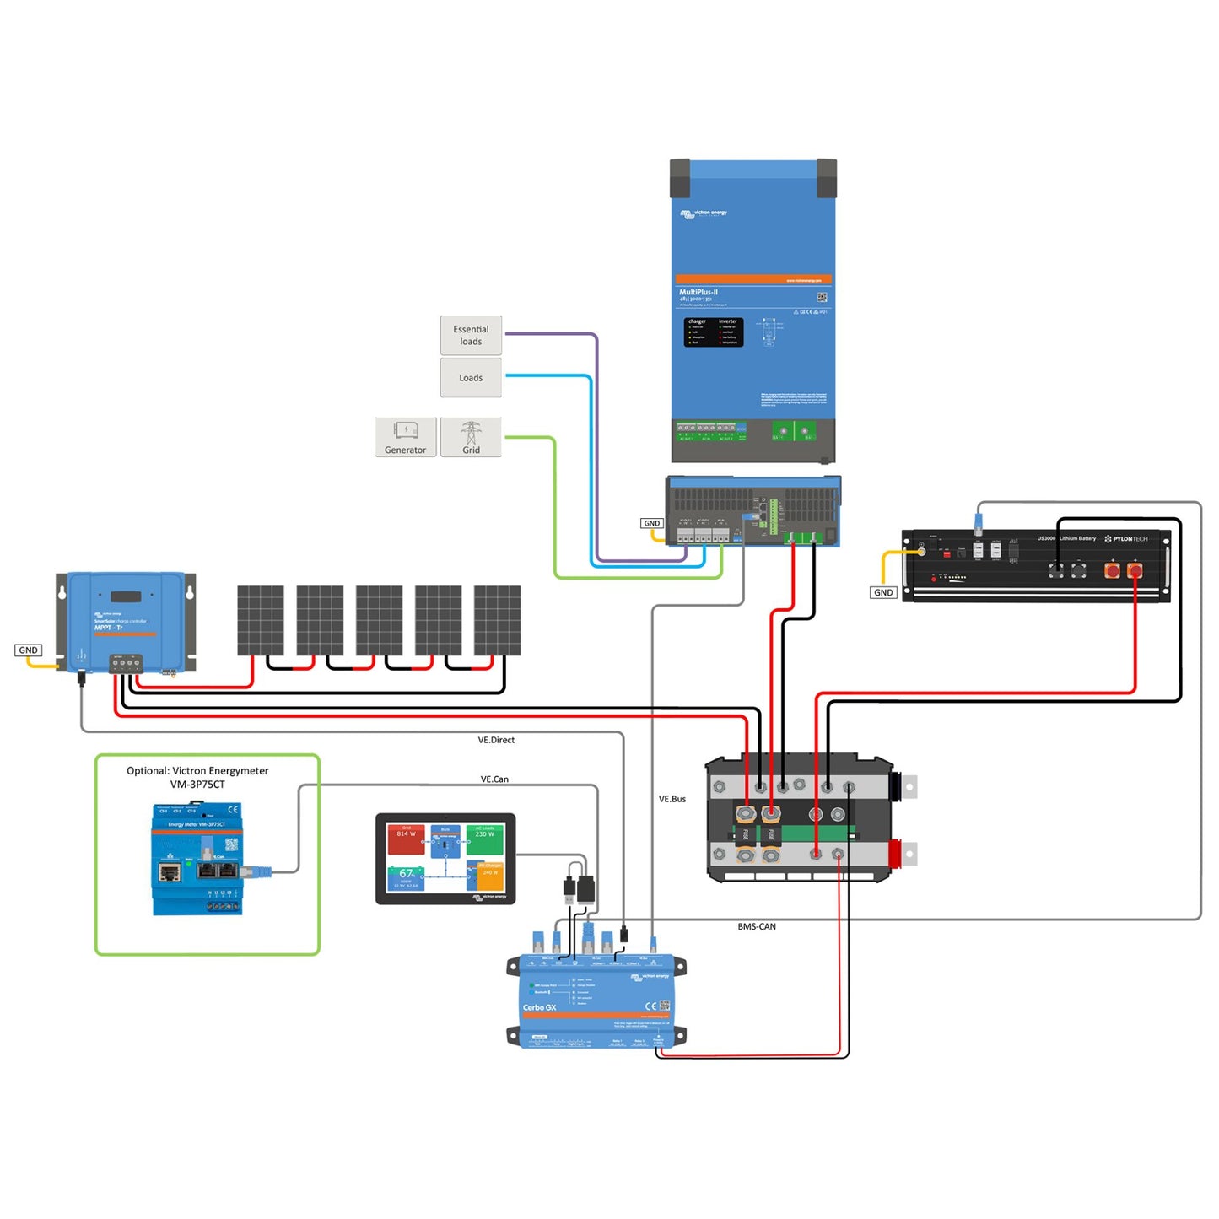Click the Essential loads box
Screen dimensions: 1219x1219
pyautogui.click(x=471, y=336)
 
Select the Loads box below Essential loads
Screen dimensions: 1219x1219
pyautogui.click(x=471, y=378)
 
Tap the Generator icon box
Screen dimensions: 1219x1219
pyautogui.click(x=406, y=438)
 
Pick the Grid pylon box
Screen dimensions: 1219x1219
pyautogui.click(x=471, y=438)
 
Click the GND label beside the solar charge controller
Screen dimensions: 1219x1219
pyautogui.click(x=29, y=650)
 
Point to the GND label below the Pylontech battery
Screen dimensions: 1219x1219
pyautogui.click(x=883, y=593)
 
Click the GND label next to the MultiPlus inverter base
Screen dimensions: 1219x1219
pyautogui.click(x=652, y=524)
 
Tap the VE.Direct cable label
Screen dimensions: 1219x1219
pyautogui.click(x=496, y=741)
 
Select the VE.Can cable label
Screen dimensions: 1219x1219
pyautogui.click(x=494, y=779)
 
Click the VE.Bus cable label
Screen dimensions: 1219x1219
pyautogui.click(x=672, y=799)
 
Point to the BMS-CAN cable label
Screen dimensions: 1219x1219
pyautogui.click(x=757, y=927)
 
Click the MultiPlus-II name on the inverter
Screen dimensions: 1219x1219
pyautogui.click(x=698, y=293)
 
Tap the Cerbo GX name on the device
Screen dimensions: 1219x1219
pyautogui.click(x=539, y=1008)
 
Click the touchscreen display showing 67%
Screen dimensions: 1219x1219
pyautogui.click(x=445, y=859)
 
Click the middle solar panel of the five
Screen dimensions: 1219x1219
pyautogui.click(x=379, y=621)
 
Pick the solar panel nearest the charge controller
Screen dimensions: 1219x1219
pyautogui.click(x=260, y=621)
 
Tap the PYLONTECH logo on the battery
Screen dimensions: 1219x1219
pyautogui.click(x=1126, y=539)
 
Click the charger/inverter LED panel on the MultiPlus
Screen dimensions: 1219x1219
pyautogui.click(x=713, y=332)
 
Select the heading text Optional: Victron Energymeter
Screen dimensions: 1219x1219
pyautogui.click(x=197, y=771)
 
